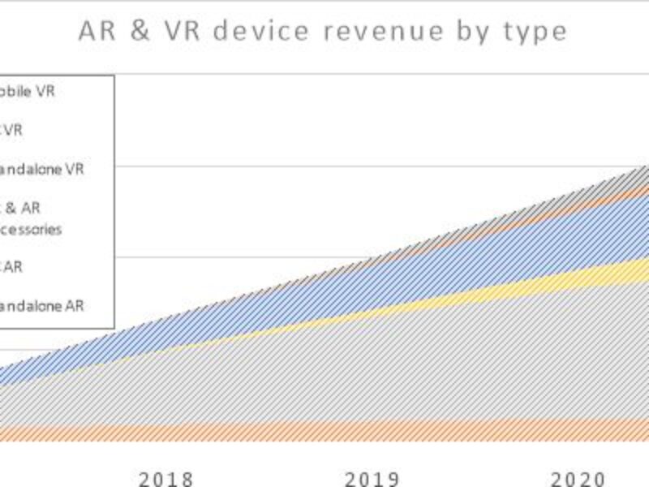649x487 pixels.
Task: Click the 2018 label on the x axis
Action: pos(166,478)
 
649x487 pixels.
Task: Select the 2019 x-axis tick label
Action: pos(372,478)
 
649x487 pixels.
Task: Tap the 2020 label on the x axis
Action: pos(578,478)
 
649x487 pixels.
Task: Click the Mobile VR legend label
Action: pos(27,92)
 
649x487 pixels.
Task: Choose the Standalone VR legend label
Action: pos(41,170)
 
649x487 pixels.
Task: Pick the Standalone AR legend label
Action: pos(41,306)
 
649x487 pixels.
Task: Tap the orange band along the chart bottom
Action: pos(324,430)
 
